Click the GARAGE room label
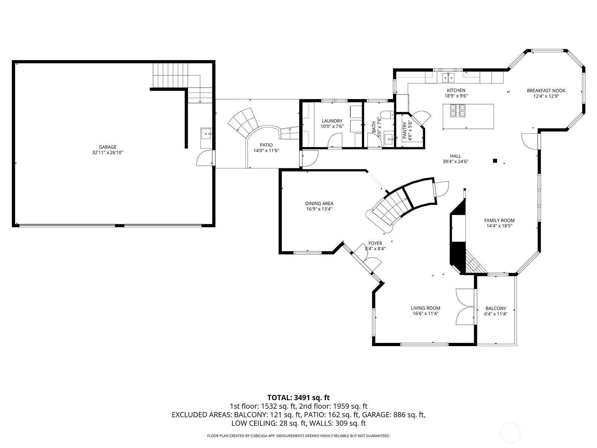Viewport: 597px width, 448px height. click(107, 147)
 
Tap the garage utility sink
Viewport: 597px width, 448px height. click(206, 134)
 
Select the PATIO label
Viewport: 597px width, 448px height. click(266, 145)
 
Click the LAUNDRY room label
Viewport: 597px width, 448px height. click(332, 121)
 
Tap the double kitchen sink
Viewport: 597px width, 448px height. click(448, 78)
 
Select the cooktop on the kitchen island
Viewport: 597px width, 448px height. click(457, 111)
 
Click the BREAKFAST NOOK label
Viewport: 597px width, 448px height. click(546, 91)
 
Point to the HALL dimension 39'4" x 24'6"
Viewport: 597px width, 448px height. click(455, 161)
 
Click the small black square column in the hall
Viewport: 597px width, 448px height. click(495, 161)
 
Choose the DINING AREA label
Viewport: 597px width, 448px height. click(319, 203)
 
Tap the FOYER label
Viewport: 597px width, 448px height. click(375, 243)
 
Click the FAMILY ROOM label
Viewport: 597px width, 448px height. click(499, 220)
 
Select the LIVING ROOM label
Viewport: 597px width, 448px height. click(425, 308)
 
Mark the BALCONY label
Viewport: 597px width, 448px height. click(496, 308)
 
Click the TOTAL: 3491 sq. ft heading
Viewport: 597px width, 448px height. click(298, 398)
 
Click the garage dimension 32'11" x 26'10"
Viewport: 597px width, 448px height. click(107, 153)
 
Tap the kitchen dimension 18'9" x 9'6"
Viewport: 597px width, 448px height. click(456, 96)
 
